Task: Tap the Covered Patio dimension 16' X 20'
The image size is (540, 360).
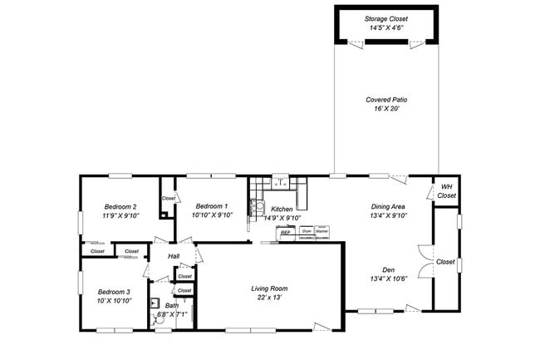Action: click(386, 109)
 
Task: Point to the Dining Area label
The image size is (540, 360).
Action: click(387, 206)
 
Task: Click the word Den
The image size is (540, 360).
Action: click(387, 269)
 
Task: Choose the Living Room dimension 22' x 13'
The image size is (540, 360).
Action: click(269, 298)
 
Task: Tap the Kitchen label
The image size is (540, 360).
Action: click(282, 209)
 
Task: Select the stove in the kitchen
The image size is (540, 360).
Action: click(257, 205)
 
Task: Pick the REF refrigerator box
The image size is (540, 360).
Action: click(285, 233)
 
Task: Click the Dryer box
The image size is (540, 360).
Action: click(307, 231)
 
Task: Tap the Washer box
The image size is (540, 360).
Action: click(322, 231)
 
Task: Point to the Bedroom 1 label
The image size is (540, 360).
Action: click(211, 205)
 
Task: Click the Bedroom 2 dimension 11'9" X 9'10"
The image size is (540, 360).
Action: click(120, 215)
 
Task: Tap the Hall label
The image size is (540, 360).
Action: click(174, 256)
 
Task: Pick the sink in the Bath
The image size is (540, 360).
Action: click(155, 303)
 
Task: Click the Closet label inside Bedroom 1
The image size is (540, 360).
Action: click(169, 199)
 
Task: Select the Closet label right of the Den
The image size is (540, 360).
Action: click(446, 262)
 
